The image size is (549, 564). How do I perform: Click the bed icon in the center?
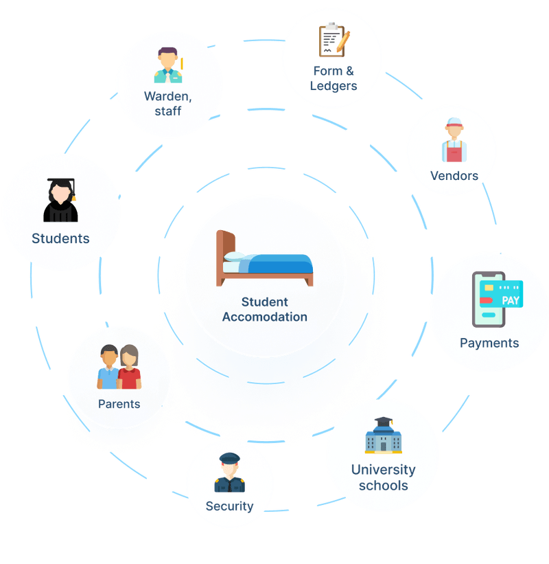click(x=264, y=260)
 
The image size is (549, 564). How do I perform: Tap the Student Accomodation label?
click(x=264, y=309)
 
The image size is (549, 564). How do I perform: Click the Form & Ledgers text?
click(x=334, y=78)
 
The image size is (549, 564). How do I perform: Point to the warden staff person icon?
click(x=167, y=65)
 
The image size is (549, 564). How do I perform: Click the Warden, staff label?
click(x=167, y=103)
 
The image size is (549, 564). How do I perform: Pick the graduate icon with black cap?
click(x=60, y=200)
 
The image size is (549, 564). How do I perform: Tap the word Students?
click(x=60, y=238)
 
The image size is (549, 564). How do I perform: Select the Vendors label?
click(x=454, y=176)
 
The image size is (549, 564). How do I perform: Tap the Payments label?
click(x=489, y=343)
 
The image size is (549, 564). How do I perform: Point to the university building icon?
click(x=383, y=436)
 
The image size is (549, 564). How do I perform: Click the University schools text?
click(x=383, y=477)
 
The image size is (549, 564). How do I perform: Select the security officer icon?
click(x=229, y=474)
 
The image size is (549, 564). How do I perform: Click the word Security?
click(x=229, y=506)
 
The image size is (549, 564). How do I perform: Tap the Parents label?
click(x=119, y=404)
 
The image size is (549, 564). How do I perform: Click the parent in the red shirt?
click(x=129, y=368)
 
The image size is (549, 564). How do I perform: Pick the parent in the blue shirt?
click(x=108, y=368)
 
